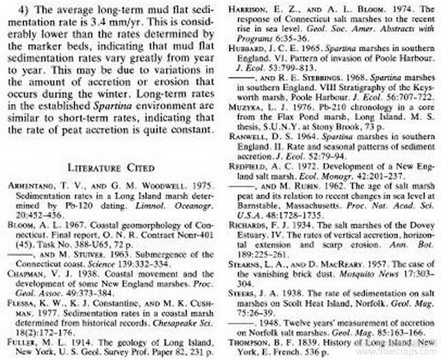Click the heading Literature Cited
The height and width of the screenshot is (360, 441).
click(x=110, y=166)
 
